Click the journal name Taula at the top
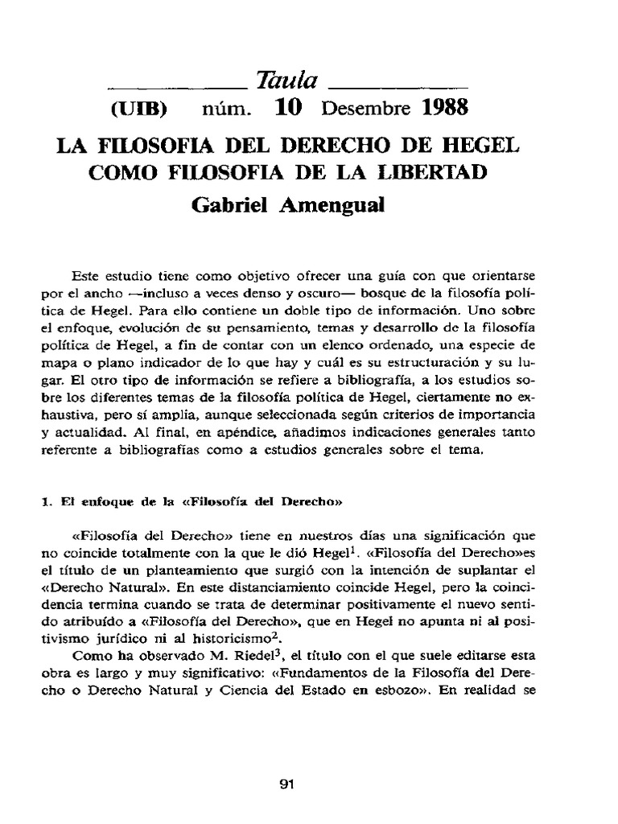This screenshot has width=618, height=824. coord(287,80)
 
